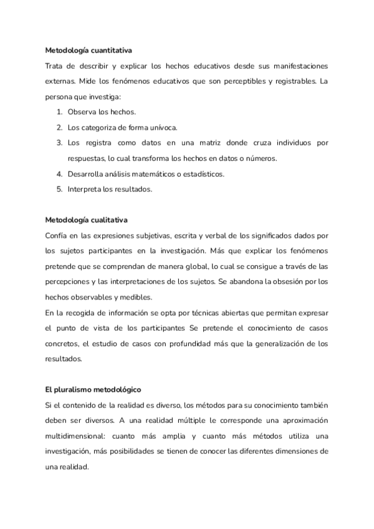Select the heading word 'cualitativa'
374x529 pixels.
[108, 220]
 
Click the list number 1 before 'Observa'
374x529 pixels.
[59, 112]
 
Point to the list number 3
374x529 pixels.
[59, 143]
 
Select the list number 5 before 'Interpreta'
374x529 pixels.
[59, 189]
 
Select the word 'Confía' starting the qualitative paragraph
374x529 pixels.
[57, 235]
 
